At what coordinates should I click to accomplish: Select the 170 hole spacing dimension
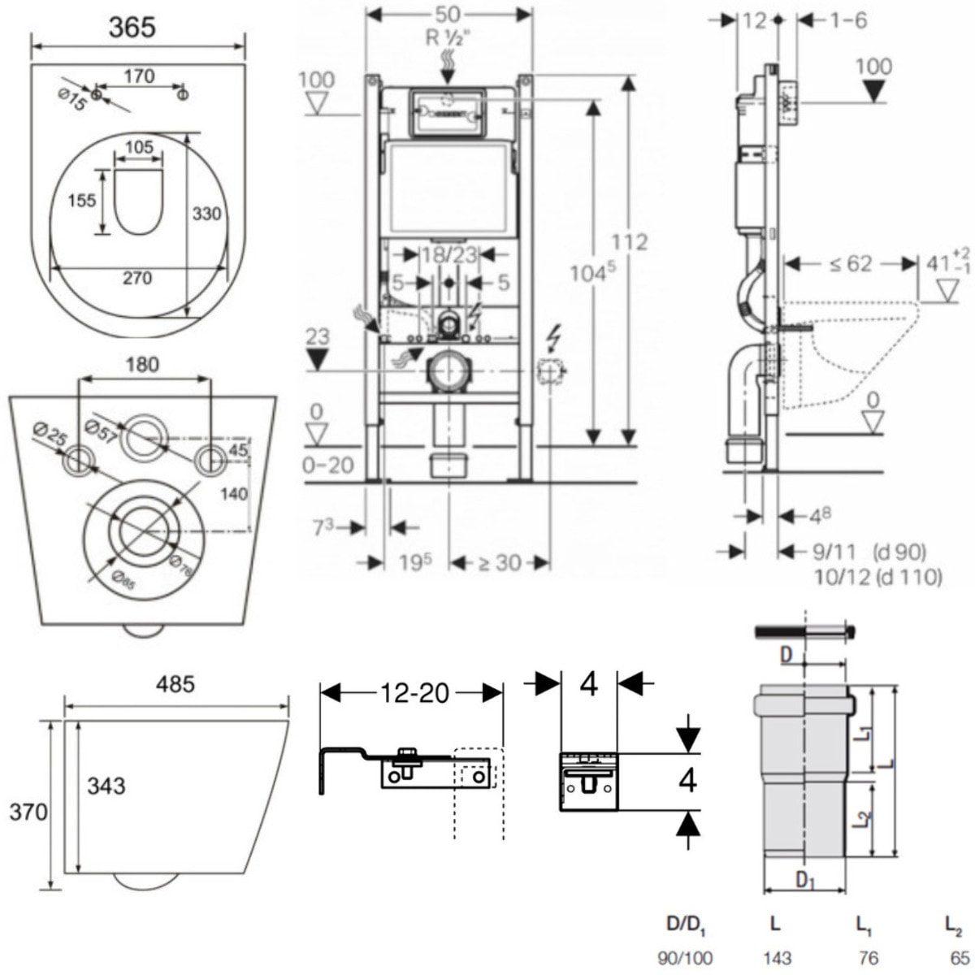tap(139, 76)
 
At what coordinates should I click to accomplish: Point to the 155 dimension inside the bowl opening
tap(81, 201)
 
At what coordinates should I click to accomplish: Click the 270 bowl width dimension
tap(137, 279)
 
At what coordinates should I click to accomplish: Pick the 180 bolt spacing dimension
tap(142, 365)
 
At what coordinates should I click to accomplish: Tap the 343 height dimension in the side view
tap(106, 786)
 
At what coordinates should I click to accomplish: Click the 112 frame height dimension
tap(630, 242)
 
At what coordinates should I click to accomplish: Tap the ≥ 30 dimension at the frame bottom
tap(499, 562)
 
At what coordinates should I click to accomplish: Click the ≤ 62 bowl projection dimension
tap(851, 263)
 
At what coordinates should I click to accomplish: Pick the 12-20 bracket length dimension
tap(412, 693)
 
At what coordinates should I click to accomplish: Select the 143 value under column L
tap(776, 959)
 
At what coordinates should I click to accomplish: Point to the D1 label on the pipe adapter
tap(804, 880)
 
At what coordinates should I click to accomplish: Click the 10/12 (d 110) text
tap(877, 577)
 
